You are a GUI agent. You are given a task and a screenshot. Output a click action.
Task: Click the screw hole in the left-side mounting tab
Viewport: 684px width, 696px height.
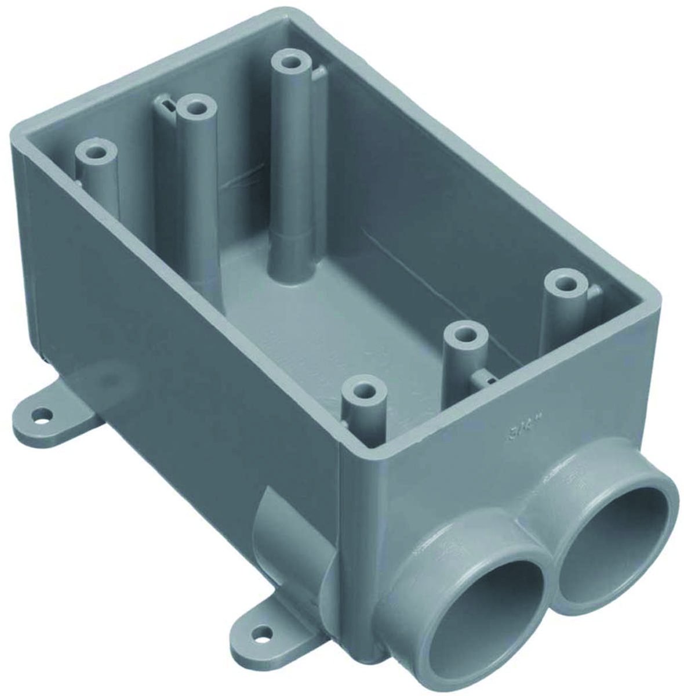pos(42,415)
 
